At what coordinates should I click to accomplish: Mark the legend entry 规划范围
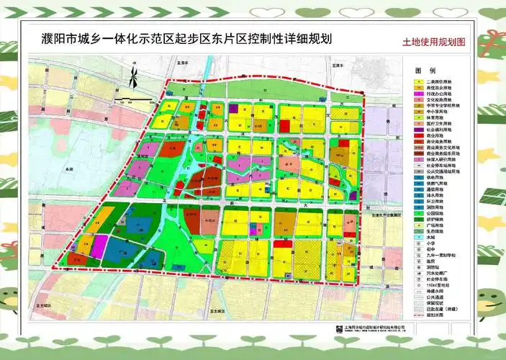tap(434, 316)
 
